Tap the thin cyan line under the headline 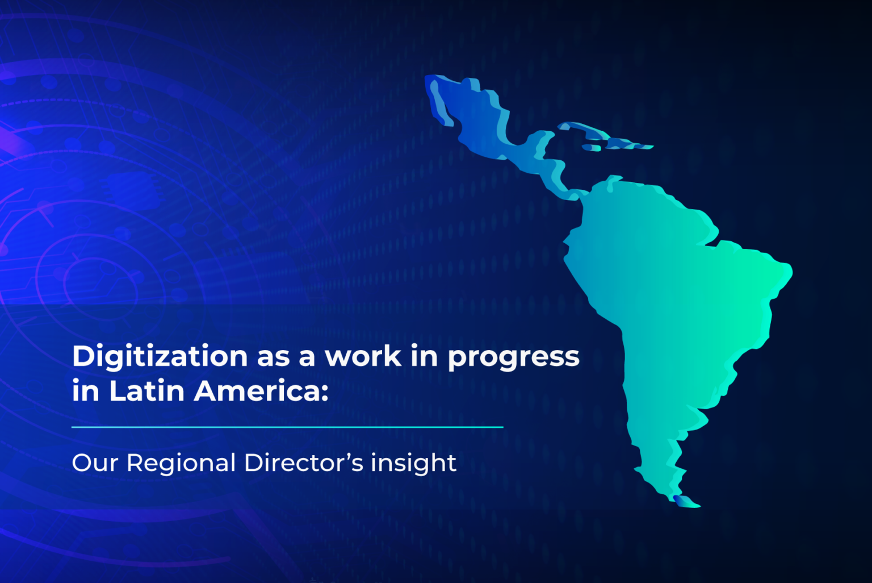point(287,427)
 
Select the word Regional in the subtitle point(181,464)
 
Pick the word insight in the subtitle point(413,464)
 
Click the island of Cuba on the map point(585,130)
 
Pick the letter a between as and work point(307,357)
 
